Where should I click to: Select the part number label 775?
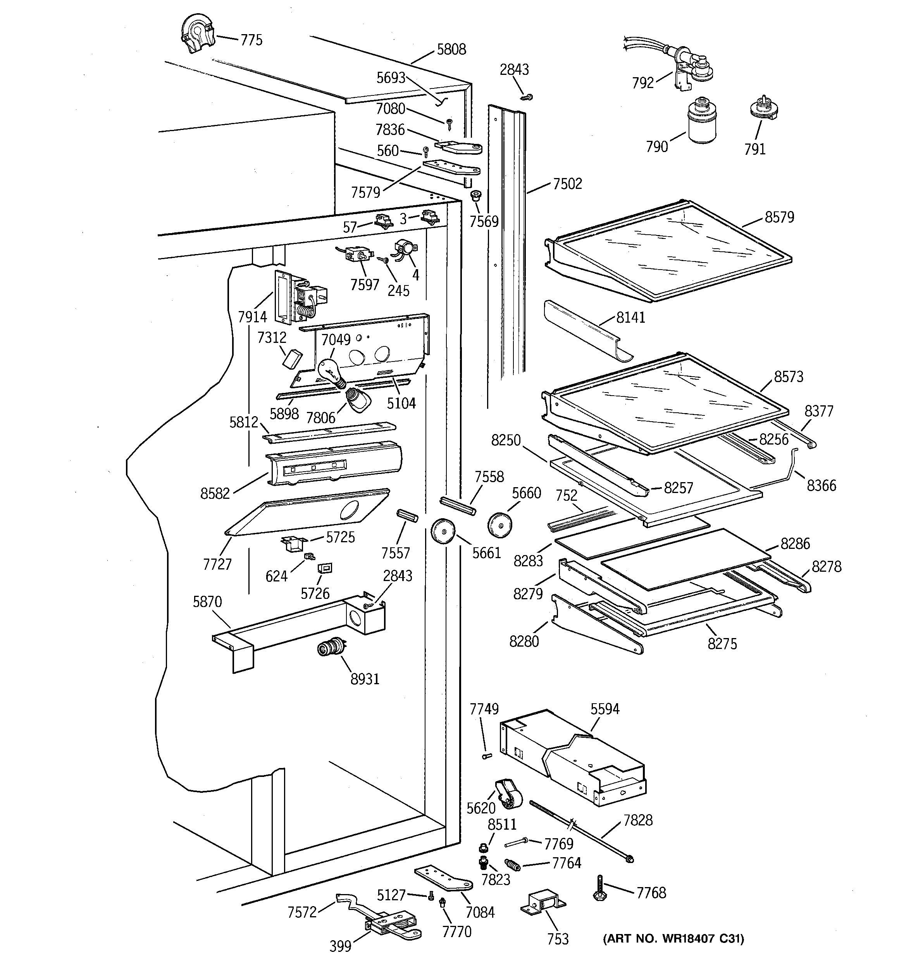click(251, 40)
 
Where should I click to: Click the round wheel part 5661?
click(443, 531)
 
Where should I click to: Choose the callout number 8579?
click(779, 217)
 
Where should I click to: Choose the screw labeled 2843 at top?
click(527, 97)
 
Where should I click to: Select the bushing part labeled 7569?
click(476, 195)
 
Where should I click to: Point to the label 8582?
click(215, 493)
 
